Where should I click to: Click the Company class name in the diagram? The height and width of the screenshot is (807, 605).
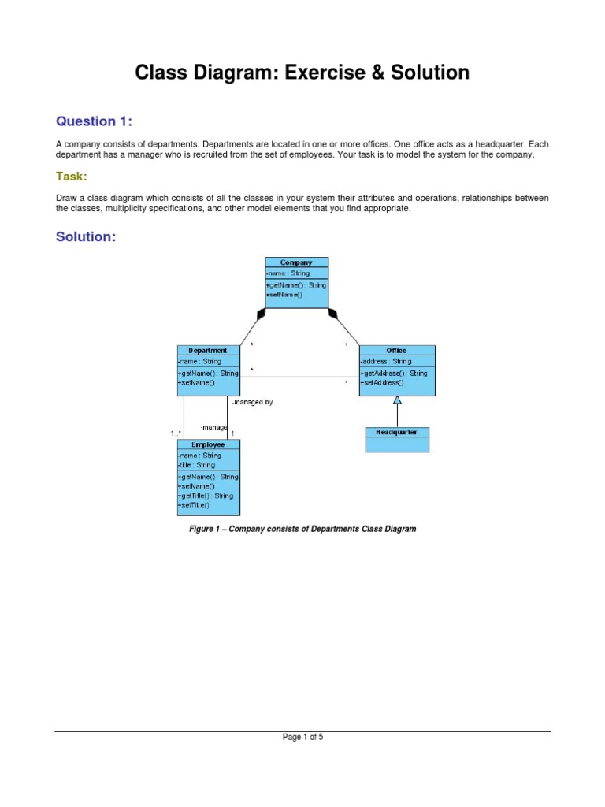coord(296,262)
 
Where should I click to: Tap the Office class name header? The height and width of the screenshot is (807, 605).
coord(396,350)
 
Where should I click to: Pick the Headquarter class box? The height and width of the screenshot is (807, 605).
coord(397,439)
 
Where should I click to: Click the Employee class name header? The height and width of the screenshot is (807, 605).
coord(208,444)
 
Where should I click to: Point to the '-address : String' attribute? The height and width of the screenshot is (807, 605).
coord(385,361)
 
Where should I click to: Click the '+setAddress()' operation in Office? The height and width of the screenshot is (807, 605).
coord(382,382)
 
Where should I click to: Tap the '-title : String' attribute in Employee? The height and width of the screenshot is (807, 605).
coord(196,465)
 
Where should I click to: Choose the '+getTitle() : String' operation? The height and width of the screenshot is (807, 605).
coord(206,496)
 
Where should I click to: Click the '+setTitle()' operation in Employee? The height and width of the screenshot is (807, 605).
coord(194,505)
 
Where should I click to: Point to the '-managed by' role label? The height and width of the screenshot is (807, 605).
coord(252,402)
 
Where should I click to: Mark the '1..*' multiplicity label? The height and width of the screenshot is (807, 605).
coord(176,433)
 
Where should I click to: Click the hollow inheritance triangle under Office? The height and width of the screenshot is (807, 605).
coord(397,400)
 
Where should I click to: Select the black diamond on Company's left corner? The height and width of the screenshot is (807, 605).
coord(262,314)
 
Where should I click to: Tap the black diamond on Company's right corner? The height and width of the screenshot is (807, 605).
coord(332,314)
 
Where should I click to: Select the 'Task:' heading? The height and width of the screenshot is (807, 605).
coord(71,176)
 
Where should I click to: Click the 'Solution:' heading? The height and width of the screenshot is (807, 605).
coord(86,236)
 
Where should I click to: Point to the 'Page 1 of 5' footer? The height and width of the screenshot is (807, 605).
coord(302,738)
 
